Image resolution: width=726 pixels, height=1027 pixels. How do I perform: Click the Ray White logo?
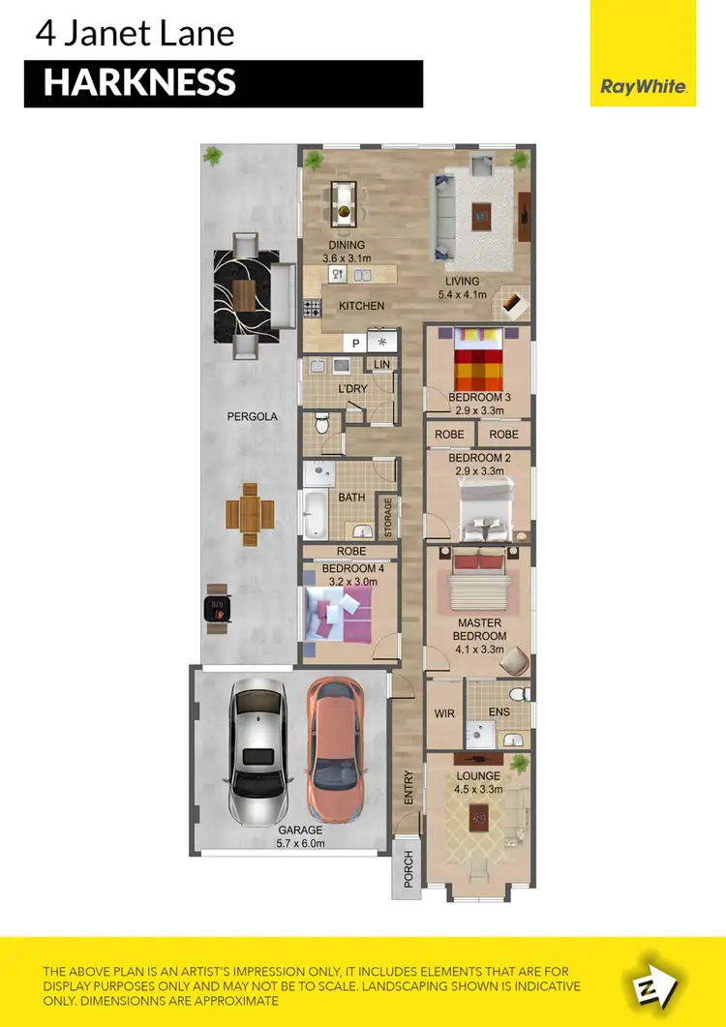coord(644,87)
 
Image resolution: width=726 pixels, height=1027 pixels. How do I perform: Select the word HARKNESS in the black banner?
coord(139,83)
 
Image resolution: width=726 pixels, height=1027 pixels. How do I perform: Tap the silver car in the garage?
coord(257,750)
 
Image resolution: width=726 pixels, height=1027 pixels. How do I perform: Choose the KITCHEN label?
coord(361,306)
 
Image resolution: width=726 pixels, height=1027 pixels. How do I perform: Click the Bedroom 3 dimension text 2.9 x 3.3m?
coord(479,410)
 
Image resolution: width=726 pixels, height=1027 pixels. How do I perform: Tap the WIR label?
coord(444,714)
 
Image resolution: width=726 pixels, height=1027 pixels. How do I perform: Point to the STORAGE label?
coord(388,518)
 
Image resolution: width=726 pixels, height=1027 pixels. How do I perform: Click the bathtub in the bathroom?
coord(317,515)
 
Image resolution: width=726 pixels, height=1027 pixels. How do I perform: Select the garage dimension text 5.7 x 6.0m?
coord(299,843)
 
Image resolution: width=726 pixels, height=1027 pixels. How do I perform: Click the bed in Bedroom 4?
coord(339,613)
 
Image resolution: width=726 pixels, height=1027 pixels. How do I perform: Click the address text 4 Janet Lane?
coord(135,34)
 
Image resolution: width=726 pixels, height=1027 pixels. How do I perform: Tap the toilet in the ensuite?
coord(519,695)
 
